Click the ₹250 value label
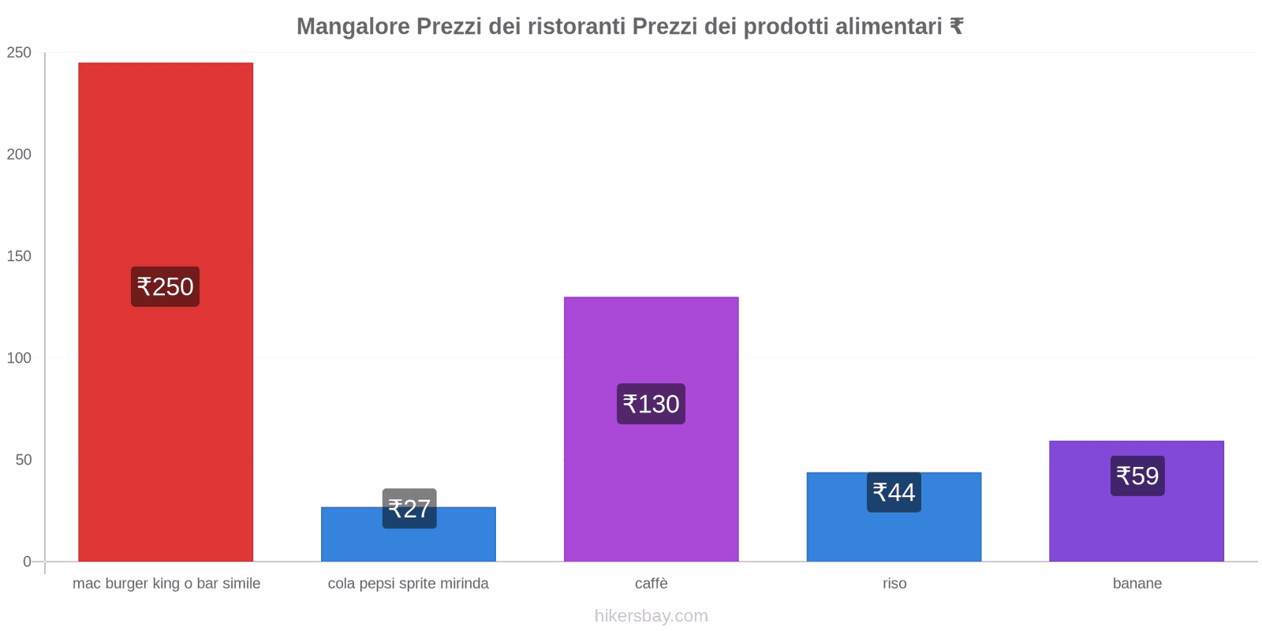click(165, 286)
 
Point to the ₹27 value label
click(409, 509)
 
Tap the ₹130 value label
click(651, 404)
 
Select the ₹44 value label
click(894, 492)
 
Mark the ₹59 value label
click(1137, 476)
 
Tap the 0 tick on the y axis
click(27, 562)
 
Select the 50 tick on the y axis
click(23, 460)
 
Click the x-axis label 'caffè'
click(651, 584)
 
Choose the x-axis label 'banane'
click(1137, 584)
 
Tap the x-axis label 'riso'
click(894, 584)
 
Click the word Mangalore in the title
click(353, 27)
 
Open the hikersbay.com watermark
click(651, 616)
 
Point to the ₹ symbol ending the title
click(956, 27)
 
